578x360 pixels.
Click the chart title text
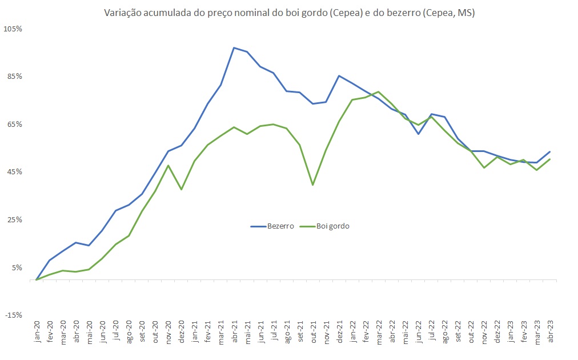(288, 13)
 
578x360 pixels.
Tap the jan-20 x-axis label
(37, 331)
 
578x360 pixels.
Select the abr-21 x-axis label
(234, 331)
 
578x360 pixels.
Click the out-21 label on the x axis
(313, 331)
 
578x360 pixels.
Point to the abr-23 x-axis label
(550, 331)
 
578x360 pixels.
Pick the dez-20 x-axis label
(182, 331)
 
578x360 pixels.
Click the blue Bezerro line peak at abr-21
(234, 47)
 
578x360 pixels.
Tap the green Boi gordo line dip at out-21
(313, 185)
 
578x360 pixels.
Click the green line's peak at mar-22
(379, 91)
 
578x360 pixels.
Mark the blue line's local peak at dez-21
(339, 75)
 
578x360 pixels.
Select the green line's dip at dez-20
(182, 189)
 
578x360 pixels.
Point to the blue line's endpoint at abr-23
(550, 151)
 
